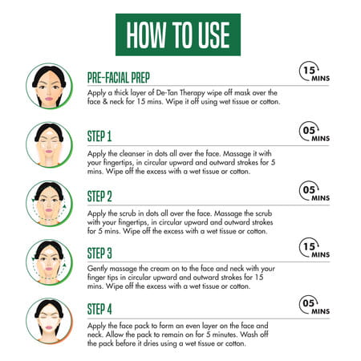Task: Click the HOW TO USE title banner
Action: (178, 34)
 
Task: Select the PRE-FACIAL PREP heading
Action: (119, 78)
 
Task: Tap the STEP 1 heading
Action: (99, 136)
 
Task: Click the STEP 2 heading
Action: (99, 197)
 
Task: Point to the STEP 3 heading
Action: (99, 254)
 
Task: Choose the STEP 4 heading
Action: (99, 310)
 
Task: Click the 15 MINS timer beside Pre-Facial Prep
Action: (314, 71)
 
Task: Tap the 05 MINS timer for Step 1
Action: (314, 132)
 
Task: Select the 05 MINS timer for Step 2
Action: (314, 191)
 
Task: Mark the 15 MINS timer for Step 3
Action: (314, 248)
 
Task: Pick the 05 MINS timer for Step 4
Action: (314, 305)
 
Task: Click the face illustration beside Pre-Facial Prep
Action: (49, 86)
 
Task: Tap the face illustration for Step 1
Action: (49, 145)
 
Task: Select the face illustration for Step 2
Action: (49, 204)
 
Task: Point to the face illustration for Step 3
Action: (49, 262)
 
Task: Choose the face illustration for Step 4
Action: (49, 321)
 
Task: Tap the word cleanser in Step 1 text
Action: (132, 154)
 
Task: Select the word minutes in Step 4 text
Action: (223, 335)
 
